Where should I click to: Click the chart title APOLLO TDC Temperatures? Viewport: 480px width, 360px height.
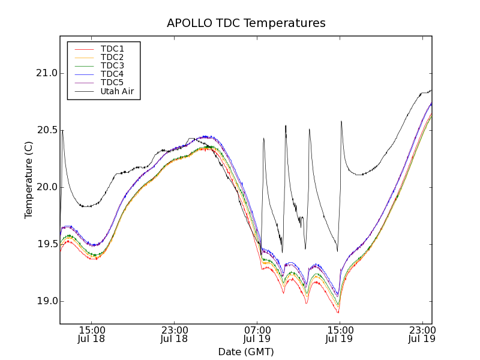(x=246, y=23)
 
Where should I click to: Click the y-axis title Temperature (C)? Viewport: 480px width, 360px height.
(x=29, y=180)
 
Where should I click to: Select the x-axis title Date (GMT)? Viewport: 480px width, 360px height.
(x=246, y=352)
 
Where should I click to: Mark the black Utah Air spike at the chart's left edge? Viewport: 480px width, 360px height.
(x=62, y=132)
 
